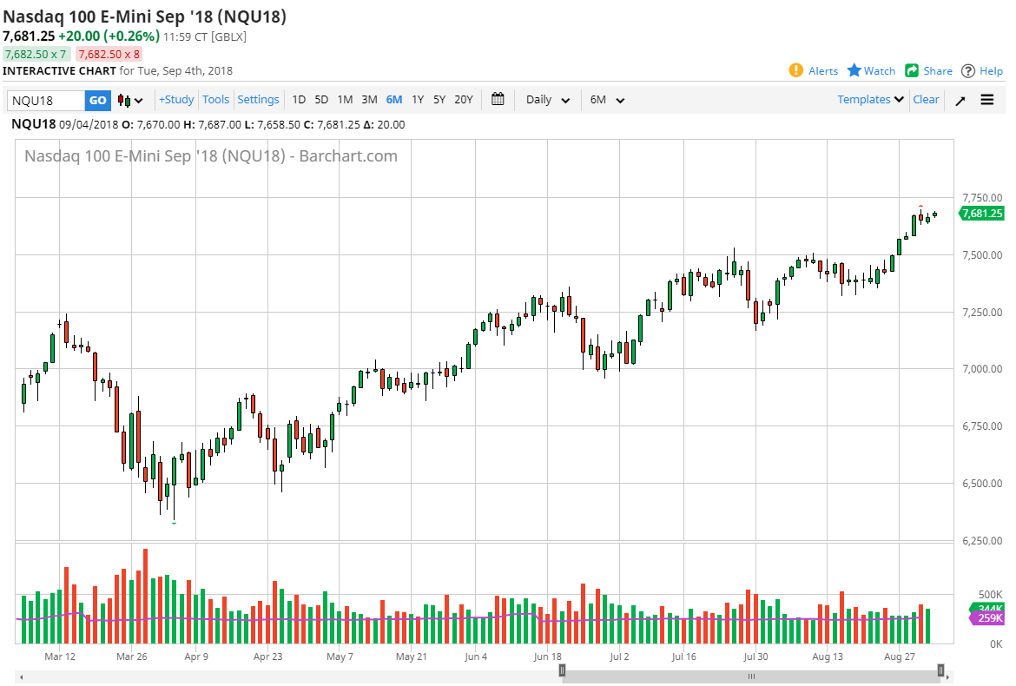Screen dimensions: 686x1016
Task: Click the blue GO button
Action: click(x=98, y=100)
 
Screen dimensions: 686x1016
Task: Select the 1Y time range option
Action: click(x=418, y=100)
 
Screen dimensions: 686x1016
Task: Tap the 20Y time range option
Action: click(x=464, y=100)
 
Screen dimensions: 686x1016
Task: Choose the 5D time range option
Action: click(x=321, y=100)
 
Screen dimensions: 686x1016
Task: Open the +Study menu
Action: click(x=176, y=100)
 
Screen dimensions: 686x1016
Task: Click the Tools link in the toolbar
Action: click(x=216, y=100)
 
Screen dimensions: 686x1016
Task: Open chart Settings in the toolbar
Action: click(x=258, y=100)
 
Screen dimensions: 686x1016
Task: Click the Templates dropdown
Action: click(x=870, y=100)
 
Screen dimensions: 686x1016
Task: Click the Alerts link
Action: click(x=814, y=71)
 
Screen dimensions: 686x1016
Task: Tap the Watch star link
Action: click(x=871, y=71)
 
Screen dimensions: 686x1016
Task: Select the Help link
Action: click(x=981, y=71)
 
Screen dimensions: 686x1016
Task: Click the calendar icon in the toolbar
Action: click(x=498, y=99)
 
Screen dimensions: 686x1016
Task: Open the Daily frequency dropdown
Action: click(x=548, y=100)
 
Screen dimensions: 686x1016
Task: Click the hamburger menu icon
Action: click(x=987, y=100)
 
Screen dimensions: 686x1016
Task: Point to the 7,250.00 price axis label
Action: click(x=982, y=312)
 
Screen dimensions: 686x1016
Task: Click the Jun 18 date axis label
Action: click(x=548, y=656)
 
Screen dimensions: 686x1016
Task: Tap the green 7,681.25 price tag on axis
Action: click(x=982, y=214)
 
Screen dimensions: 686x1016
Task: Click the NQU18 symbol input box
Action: click(x=45, y=100)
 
